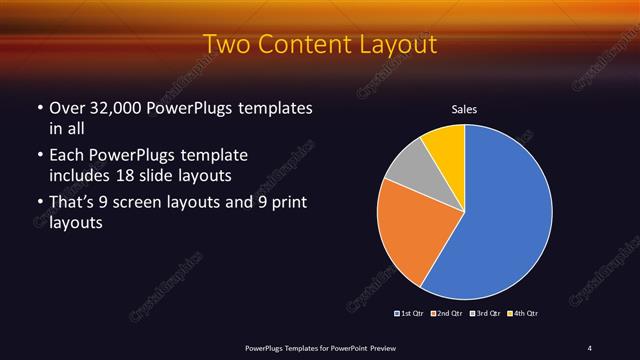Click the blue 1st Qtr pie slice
click(505, 215)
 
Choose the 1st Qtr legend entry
click(411, 314)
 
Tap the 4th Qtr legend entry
click(524, 314)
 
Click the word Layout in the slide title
click(393, 45)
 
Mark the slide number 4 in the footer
click(590, 347)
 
